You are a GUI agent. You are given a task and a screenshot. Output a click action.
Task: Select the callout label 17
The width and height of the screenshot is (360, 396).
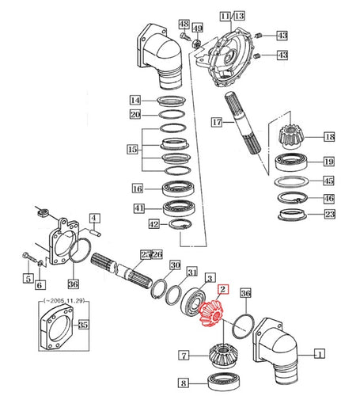click(215, 122)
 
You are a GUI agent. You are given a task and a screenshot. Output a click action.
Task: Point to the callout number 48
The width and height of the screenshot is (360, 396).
click(184, 25)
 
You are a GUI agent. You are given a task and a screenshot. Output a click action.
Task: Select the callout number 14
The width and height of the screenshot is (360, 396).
click(135, 101)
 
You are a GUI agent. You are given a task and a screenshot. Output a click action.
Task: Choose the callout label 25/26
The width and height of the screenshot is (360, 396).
click(150, 254)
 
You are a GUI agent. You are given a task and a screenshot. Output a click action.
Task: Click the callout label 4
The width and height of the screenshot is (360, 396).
click(93, 218)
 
